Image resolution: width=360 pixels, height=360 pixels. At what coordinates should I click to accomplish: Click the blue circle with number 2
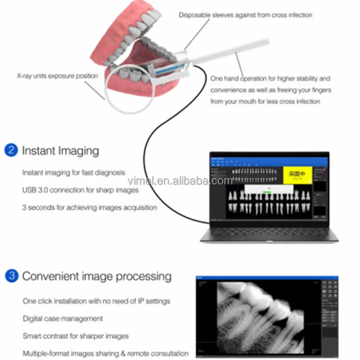pyautogui.click(x=11, y=150)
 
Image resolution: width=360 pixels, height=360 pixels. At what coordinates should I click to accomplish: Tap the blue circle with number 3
pyautogui.click(x=11, y=275)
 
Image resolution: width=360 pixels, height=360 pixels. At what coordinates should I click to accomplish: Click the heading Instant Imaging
pyautogui.click(x=61, y=150)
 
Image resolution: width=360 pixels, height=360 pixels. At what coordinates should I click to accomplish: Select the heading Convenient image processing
pyautogui.click(x=97, y=276)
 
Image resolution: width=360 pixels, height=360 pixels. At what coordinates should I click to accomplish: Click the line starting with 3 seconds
pyautogui.click(x=90, y=207)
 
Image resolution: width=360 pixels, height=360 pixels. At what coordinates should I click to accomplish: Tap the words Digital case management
pyautogui.click(x=63, y=318)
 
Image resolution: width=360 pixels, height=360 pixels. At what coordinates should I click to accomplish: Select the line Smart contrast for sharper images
pyautogui.click(x=76, y=336)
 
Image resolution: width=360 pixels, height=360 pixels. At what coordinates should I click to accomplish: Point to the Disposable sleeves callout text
pyautogui.click(x=245, y=15)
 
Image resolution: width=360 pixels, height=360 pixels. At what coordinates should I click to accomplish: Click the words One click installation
pyautogui.click(x=54, y=301)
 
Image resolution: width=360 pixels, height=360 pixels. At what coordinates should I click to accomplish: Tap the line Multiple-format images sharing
pyautogui.click(x=105, y=353)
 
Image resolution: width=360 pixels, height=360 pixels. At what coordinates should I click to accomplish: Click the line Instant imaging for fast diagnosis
pyautogui.click(x=74, y=172)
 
